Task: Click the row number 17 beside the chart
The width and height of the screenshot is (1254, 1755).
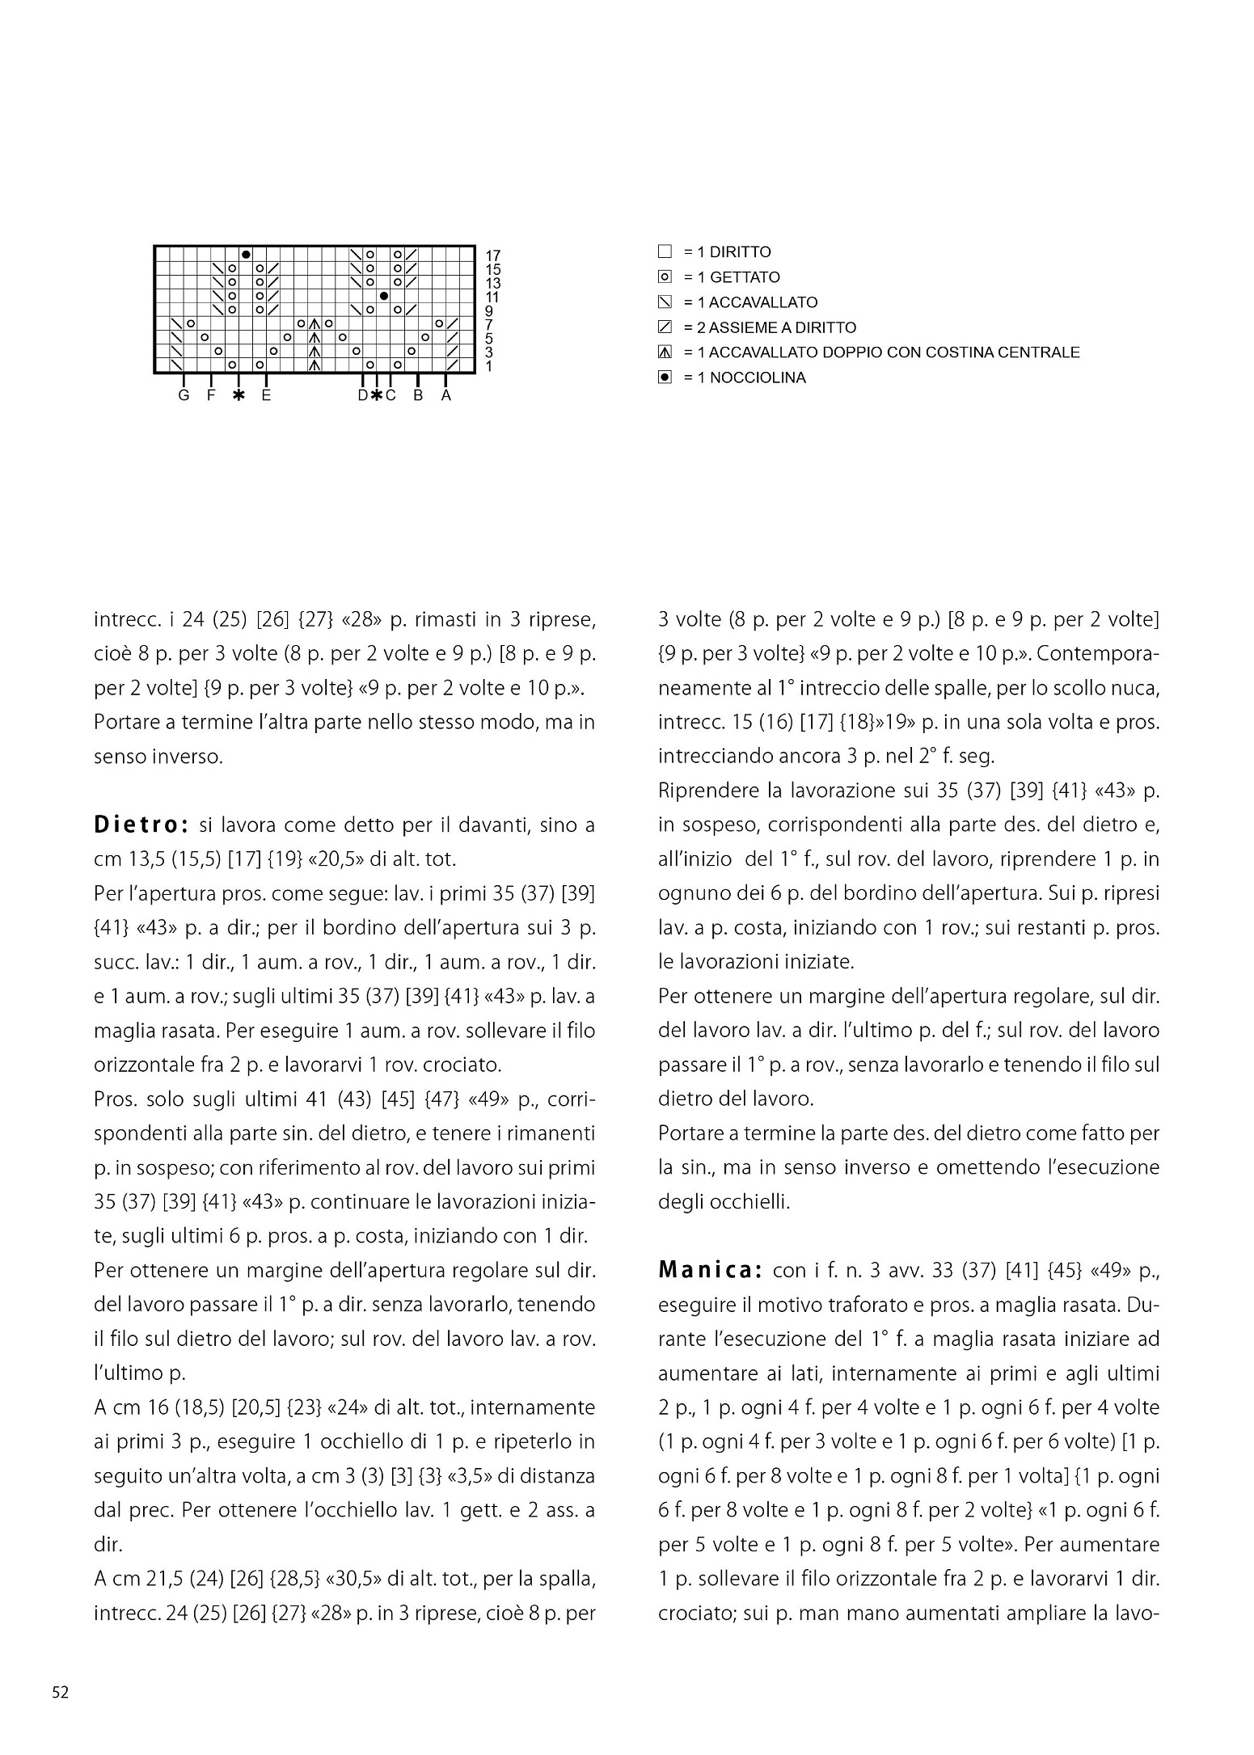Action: [x=492, y=255]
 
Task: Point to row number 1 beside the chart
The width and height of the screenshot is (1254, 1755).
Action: [x=488, y=366]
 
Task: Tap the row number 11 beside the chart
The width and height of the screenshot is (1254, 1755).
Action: [x=492, y=297]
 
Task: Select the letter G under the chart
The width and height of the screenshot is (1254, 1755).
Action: [x=184, y=395]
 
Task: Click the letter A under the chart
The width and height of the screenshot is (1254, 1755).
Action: [x=445, y=395]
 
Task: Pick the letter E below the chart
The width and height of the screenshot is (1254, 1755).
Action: [x=266, y=395]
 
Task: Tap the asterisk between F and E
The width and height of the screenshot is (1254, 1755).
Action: [x=239, y=395]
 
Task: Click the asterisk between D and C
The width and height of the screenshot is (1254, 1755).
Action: [x=376, y=395]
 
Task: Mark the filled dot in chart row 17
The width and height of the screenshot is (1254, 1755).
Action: [x=246, y=255]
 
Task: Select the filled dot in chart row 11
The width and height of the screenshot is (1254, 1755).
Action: [x=384, y=296]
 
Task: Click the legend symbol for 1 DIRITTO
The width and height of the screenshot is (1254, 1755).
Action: [x=665, y=251]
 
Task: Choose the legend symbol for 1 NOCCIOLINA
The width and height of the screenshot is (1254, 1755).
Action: [x=665, y=378]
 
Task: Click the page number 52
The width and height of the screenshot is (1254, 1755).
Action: [x=61, y=1693]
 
